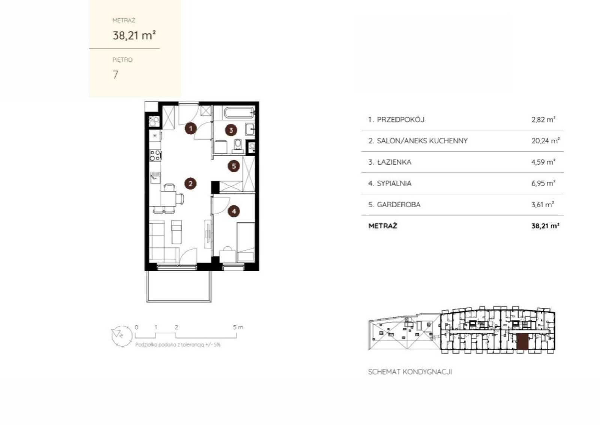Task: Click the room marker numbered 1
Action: coord(191,129)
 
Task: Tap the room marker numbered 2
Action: coord(190,184)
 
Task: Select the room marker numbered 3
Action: coord(231,130)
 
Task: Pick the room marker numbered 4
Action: coord(234,211)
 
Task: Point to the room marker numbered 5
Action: coord(234,166)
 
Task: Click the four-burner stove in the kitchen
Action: coord(155,155)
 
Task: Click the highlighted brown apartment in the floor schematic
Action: coord(522,342)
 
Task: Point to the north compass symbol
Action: coord(122,336)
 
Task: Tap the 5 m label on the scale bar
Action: coord(238,327)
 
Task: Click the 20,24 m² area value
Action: coord(545,141)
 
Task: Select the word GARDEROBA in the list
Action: coord(399,205)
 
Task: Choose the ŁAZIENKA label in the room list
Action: coord(394,162)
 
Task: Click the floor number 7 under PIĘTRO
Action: coord(115,75)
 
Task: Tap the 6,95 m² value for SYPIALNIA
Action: coord(543,184)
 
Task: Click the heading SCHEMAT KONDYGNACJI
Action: coord(410,372)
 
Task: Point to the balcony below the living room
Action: coord(178,286)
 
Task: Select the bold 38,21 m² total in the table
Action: coord(545,226)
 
